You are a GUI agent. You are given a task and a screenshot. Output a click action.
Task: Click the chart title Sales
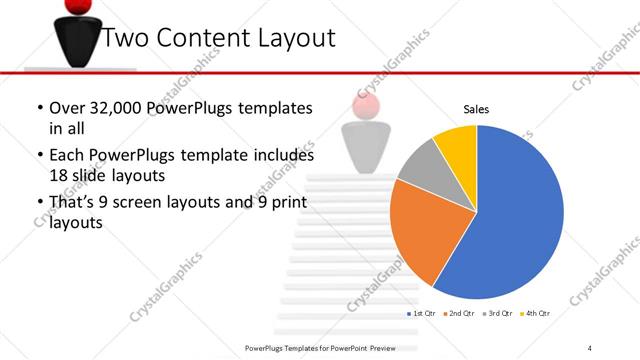475,110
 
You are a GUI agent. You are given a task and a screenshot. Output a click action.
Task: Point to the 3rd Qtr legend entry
498,315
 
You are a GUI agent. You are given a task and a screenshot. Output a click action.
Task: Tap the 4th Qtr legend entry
538,315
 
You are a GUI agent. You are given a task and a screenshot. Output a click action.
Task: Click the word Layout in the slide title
291,40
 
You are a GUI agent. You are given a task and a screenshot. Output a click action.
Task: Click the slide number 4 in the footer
590,347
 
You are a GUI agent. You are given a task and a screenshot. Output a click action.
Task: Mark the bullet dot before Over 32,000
38,108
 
